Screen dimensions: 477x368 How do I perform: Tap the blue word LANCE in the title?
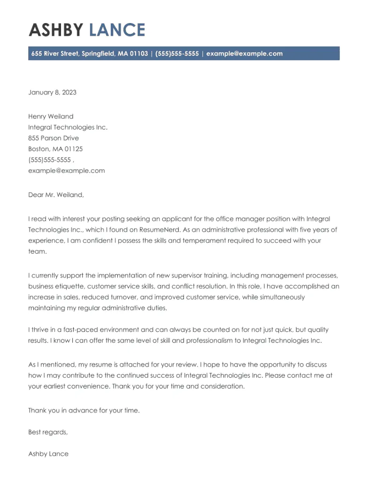point(117,30)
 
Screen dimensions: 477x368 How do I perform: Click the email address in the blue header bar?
point(245,54)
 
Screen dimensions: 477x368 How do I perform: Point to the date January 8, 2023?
point(52,92)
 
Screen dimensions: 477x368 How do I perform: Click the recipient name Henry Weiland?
point(51,117)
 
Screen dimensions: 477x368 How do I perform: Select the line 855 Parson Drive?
point(54,138)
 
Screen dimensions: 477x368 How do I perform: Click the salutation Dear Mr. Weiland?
point(56,195)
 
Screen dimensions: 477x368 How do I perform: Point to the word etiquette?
point(70,286)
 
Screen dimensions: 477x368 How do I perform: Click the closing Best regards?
point(48,432)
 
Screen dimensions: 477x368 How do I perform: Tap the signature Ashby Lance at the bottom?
point(48,454)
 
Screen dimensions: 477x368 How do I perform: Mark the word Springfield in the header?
point(98,54)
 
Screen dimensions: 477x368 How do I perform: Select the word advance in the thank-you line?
point(80,410)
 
